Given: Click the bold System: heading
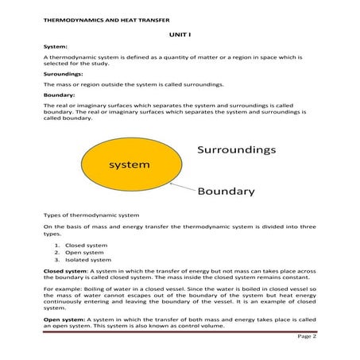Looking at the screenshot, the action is pyautogui.click(x=56, y=47).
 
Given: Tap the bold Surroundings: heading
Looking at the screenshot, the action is pyautogui.click(x=64, y=73).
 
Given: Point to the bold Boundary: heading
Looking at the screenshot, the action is pyautogui.click(x=60, y=94).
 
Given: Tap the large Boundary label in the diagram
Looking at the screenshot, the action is pyautogui.click(x=226, y=191).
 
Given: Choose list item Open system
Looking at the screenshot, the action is pyautogui.click(x=79, y=253).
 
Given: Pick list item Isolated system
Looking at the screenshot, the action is pyautogui.click(x=84, y=260).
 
